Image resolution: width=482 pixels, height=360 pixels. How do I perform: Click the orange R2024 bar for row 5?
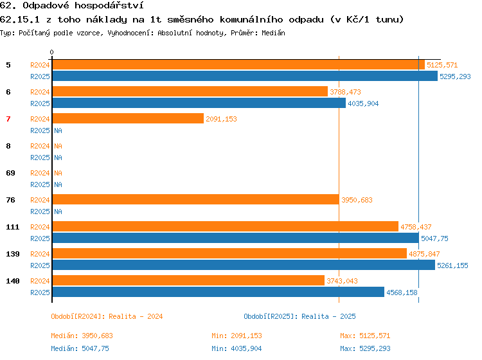pyautogui.click(x=238, y=65)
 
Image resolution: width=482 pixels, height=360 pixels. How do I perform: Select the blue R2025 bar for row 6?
pyautogui.click(x=199, y=103)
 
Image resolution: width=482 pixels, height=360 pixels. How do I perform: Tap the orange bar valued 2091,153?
pyautogui.click(x=128, y=118)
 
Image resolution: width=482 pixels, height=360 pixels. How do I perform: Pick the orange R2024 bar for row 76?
pyautogui.click(x=196, y=199)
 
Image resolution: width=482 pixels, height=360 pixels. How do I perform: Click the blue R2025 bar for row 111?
pyautogui.click(x=236, y=238)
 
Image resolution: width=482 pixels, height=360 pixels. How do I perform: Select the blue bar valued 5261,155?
pyautogui.click(x=244, y=265)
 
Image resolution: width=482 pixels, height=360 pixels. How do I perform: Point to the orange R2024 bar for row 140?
pyautogui.click(x=188, y=280)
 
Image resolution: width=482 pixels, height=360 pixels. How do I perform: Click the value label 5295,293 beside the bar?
pyautogui.click(x=455, y=76)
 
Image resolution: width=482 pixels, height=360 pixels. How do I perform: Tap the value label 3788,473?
pyautogui.click(x=346, y=92)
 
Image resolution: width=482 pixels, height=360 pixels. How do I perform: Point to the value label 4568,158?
pyautogui.click(x=402, y=292)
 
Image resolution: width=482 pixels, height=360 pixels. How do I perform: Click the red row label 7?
pyautogui.click(x=8, y=119)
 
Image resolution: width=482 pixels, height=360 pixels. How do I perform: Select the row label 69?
pyautogui.click(x=10, y=173)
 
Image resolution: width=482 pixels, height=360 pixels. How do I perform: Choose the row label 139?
pyautogui.click(x=13, y=254)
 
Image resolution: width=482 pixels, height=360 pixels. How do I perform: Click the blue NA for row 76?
pyautogui.click(x=58, y=212)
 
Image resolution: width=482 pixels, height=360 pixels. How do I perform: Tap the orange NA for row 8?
pyautogui.click(x=58, y=146)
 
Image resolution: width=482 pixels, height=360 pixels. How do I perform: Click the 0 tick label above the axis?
pyautogui.click(x=51, y=52)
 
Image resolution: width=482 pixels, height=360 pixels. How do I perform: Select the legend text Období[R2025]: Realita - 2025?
pyautogui.click(x=299, y=316)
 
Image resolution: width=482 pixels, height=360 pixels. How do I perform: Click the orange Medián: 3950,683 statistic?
pyautogui.click(x=82, y=336)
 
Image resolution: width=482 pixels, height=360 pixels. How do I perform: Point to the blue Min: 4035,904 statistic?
pyautogui.click(x=237, y=348)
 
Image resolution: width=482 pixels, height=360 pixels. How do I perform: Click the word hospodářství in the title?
pyautogui.click(x=109, y=6)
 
